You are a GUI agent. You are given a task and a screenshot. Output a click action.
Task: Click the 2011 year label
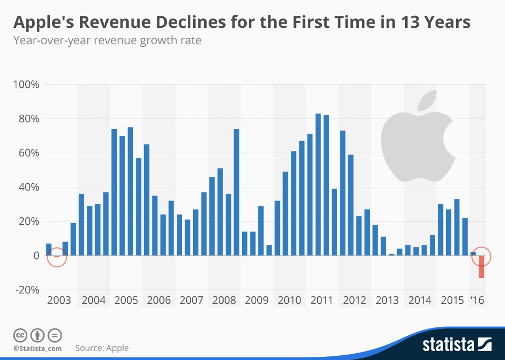tap(322, 301)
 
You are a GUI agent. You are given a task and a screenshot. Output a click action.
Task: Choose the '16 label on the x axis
tap(477, 301)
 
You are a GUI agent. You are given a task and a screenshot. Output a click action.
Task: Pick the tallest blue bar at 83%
tap(318, 184)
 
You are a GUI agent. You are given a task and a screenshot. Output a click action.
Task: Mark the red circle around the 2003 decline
tap(57, 257)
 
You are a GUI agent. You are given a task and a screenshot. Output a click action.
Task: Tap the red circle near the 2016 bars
tap(481, 256)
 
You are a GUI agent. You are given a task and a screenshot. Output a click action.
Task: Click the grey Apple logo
tap(416, 147)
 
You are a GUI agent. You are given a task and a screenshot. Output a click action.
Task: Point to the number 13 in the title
tap(408, 23)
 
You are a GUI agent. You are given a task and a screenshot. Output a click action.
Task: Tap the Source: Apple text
tap(102, 348)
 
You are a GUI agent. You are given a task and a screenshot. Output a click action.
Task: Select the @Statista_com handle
tap(37, 348)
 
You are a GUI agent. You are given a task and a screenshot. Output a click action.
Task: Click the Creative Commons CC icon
tap(21, 335)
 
